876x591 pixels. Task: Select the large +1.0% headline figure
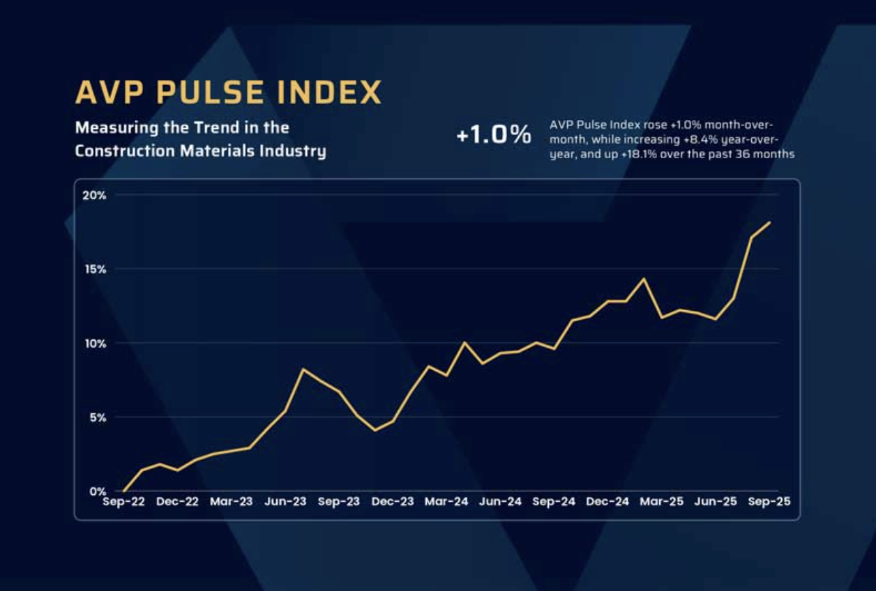(x=494, y=135)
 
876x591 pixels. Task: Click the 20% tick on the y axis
(x=94, y=195)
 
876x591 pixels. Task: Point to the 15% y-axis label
(x=94, y=269)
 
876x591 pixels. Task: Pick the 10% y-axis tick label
(x=94, y=343)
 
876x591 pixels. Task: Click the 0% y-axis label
(x=97, y=491)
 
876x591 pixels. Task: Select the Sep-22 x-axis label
(x=123, y=502)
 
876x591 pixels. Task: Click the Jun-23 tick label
(x=285, y=502)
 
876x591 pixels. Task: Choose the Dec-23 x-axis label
(x=393, y=502)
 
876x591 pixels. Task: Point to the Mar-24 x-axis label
(x=446, y=502)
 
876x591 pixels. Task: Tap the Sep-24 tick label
(x=554, y=502)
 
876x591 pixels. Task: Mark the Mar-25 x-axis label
(x=661, y=502)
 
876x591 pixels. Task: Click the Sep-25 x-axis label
(x=769, y=502)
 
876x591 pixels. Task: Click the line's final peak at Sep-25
(x=769, y=222)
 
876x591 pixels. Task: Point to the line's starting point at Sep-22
(x=124, y=491)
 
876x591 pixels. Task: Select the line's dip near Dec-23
(x=375, y=430)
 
